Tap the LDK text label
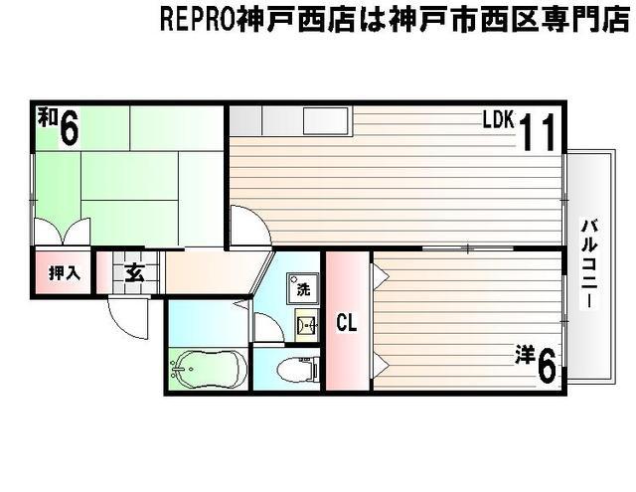click(498, 121)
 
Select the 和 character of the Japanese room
click(47, 118)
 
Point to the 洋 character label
click(524, 354)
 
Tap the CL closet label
click(346, 322)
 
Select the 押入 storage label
click(64, 272)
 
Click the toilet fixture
click(296, 371)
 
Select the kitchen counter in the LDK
click(291, 120)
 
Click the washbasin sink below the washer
click(305, 324)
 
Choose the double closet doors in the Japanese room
click(62, 232)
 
